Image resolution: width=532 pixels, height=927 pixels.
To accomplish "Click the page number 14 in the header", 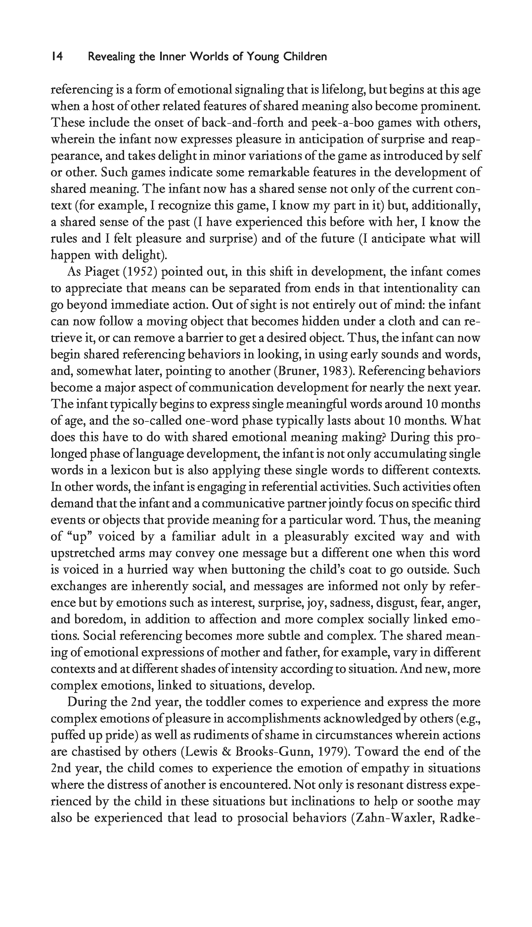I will tap(57, 57).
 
